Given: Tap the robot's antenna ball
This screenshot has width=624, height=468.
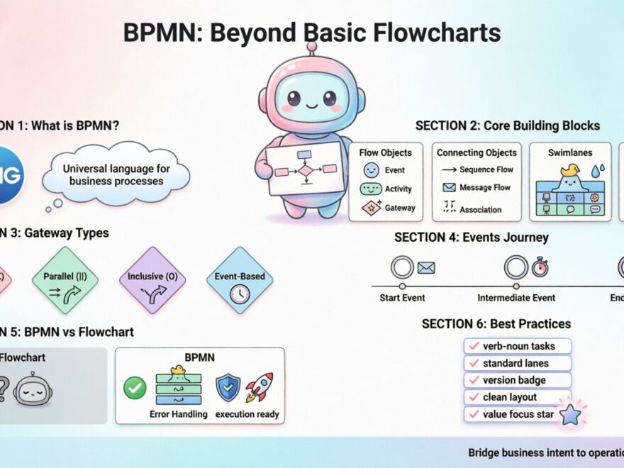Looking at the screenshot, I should [x=311, y=48].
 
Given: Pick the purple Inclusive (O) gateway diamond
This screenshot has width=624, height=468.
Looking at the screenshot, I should [x=152, y=280].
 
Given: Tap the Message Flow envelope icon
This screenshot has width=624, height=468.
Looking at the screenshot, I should [x=448, y=188].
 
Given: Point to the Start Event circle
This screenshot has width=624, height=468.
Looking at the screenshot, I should [x=402, y=267].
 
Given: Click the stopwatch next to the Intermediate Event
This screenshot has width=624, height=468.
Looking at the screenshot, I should [x=540, y=267].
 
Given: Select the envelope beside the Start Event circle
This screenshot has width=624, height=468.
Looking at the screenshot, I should [x=426, y=267].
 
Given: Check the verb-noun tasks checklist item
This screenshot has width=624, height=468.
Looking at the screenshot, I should [x=518, y=346].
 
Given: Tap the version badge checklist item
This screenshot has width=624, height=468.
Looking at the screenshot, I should [x=518, y=380].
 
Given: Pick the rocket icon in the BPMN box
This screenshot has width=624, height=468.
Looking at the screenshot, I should [x=260, y=387].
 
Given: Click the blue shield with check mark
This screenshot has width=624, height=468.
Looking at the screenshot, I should [x=228, y=387].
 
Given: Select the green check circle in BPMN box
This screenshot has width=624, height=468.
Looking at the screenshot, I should [x=135, y=387].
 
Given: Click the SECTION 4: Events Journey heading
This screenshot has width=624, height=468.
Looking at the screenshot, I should [x=471, y=238].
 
